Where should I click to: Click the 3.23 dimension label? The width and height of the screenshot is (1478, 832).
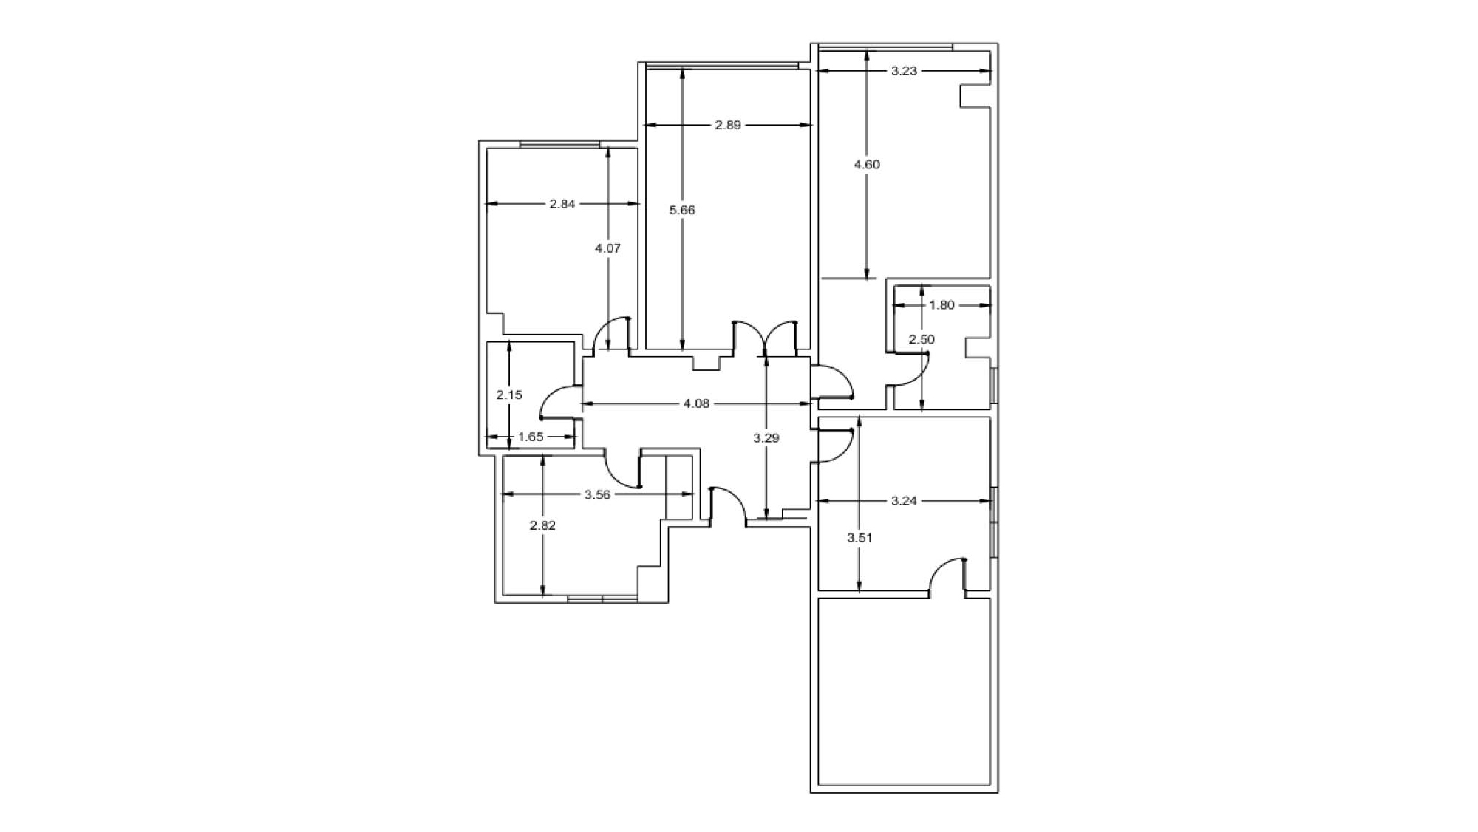[904, 71]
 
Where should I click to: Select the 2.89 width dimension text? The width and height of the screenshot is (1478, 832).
[728, 125]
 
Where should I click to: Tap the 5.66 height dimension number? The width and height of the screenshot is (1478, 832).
[682, 210]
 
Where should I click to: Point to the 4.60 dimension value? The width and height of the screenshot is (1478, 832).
[867, 165]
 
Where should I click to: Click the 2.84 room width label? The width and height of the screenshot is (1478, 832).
[562, 204]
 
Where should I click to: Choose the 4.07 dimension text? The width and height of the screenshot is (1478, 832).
[607, 248]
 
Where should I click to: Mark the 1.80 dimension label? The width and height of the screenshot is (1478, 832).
[941, 304]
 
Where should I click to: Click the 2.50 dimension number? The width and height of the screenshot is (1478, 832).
[922, 340]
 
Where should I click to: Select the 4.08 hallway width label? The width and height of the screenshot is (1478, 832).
[696, 403]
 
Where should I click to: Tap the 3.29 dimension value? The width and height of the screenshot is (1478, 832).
[766, 438]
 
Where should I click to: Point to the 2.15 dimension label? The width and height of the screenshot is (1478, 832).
[509, 395]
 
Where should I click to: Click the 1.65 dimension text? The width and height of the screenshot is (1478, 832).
[531, 437]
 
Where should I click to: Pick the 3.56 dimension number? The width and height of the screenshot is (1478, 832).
[597, 495]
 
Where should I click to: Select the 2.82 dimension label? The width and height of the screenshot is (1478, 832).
[542, 525]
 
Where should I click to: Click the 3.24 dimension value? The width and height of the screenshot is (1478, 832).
[904, 501]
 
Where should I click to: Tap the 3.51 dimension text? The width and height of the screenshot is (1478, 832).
[859, 538]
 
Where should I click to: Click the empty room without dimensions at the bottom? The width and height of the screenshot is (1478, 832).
[904, 692]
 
